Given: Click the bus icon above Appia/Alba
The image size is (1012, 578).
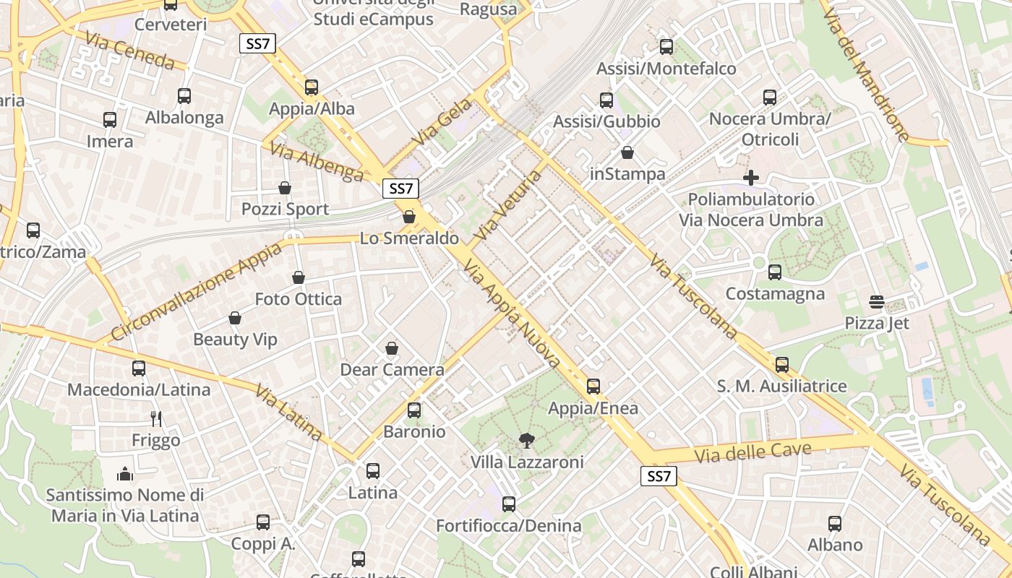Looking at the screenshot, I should click(312, 87).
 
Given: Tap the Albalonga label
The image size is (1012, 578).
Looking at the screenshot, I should click(184, 118).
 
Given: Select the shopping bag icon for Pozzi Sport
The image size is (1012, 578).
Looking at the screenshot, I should click(285, 188).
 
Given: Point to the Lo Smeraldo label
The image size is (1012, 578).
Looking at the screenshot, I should click(409, 238).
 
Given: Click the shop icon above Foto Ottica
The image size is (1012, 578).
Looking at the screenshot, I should click(299, 277).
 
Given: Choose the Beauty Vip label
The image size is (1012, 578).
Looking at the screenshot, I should click(235, 340).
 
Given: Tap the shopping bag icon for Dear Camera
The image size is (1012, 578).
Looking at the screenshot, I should click(392, 349).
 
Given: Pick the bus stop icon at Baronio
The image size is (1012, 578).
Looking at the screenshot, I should click(414, 410).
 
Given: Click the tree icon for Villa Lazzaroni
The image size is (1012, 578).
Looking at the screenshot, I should click(527, 440).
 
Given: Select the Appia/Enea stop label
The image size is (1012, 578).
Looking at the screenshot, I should click(593, 408).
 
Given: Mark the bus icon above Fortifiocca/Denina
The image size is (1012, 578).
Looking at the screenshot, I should click(509, 504).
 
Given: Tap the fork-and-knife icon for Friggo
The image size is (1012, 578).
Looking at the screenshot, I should click(156, 418).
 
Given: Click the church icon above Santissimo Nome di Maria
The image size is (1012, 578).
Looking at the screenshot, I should click(125, 474).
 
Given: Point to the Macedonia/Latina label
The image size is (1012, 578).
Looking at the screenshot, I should click(139, 390).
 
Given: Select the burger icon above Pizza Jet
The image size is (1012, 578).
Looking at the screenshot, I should click(877, 301).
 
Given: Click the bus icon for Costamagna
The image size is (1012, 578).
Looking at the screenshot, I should click(775, 272).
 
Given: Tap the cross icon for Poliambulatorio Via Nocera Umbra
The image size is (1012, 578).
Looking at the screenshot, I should click(751, 178).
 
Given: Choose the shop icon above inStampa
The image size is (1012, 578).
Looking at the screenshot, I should click(627, 153).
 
